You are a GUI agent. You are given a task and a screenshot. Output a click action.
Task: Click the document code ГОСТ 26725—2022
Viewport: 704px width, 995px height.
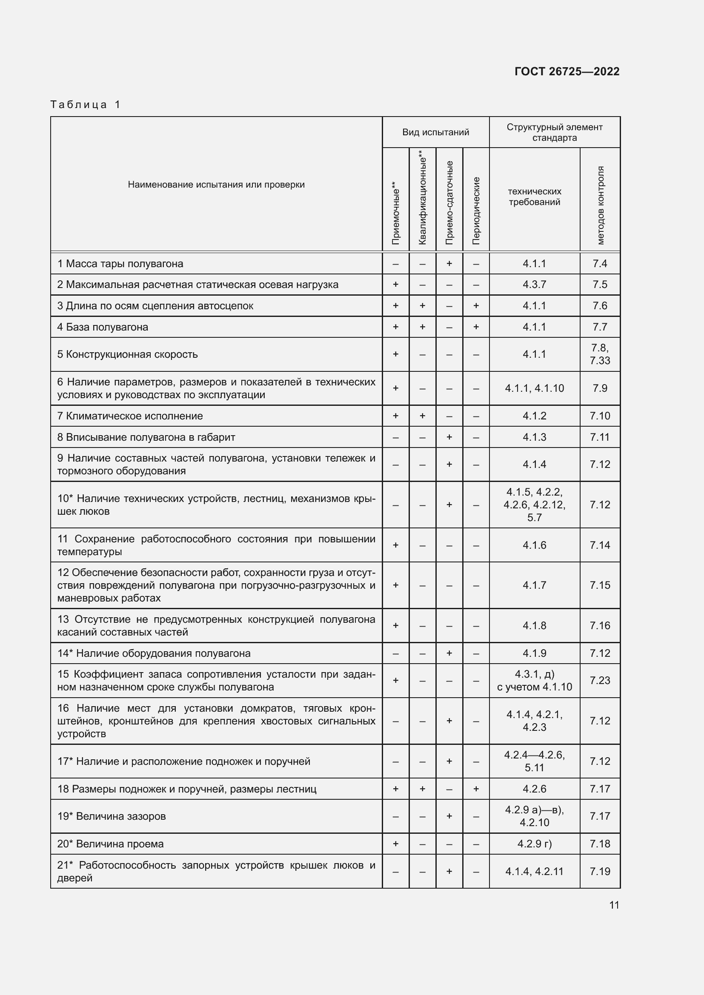tap(567, 71)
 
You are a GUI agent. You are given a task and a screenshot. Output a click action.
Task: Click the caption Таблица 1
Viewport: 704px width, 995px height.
tap(86, 105)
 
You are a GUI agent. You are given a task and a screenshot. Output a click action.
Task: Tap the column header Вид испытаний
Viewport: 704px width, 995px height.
tap(435, 132)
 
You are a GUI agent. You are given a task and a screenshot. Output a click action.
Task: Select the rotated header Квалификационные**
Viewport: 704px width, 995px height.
tap(423, 198)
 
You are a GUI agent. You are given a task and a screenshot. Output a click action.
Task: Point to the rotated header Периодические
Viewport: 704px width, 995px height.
tap(476, 211)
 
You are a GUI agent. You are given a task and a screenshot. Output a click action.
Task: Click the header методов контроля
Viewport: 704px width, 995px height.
tap(600, 205)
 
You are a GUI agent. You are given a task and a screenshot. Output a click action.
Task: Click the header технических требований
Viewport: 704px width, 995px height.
tap(534, 197)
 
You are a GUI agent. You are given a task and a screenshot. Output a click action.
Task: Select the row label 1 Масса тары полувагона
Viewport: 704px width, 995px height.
tap(120, 263)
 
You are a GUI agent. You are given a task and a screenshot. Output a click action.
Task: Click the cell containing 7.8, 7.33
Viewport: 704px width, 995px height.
tap(600, 354)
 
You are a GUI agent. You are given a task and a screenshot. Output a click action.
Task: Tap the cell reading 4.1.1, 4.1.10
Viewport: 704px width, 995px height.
tap(534, 388)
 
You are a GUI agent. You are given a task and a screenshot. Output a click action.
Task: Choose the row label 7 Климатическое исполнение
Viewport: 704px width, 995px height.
tap(130, 416)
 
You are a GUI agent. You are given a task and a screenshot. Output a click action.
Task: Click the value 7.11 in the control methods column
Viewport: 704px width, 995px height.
tap(600, 437)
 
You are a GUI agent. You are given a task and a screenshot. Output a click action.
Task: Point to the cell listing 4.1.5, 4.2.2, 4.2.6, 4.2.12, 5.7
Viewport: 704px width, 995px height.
tap(534, 505)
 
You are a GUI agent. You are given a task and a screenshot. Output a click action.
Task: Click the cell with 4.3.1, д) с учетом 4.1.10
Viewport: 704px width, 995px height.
tap(534, 680)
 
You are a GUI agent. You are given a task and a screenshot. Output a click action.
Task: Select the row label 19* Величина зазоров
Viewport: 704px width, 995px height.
tap(112, 816)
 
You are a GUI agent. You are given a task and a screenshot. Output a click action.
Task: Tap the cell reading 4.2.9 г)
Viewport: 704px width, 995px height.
tap(534, 844)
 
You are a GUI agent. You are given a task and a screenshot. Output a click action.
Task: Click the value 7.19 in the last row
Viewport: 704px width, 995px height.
tap(600, 872)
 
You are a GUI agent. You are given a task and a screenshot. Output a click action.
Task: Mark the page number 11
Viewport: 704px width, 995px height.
tap(614, 905)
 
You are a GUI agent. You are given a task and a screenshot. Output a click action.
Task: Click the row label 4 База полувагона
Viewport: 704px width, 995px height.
tap(103, 327)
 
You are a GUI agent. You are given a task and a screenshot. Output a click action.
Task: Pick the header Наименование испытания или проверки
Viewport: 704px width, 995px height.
tap(216, 185)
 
